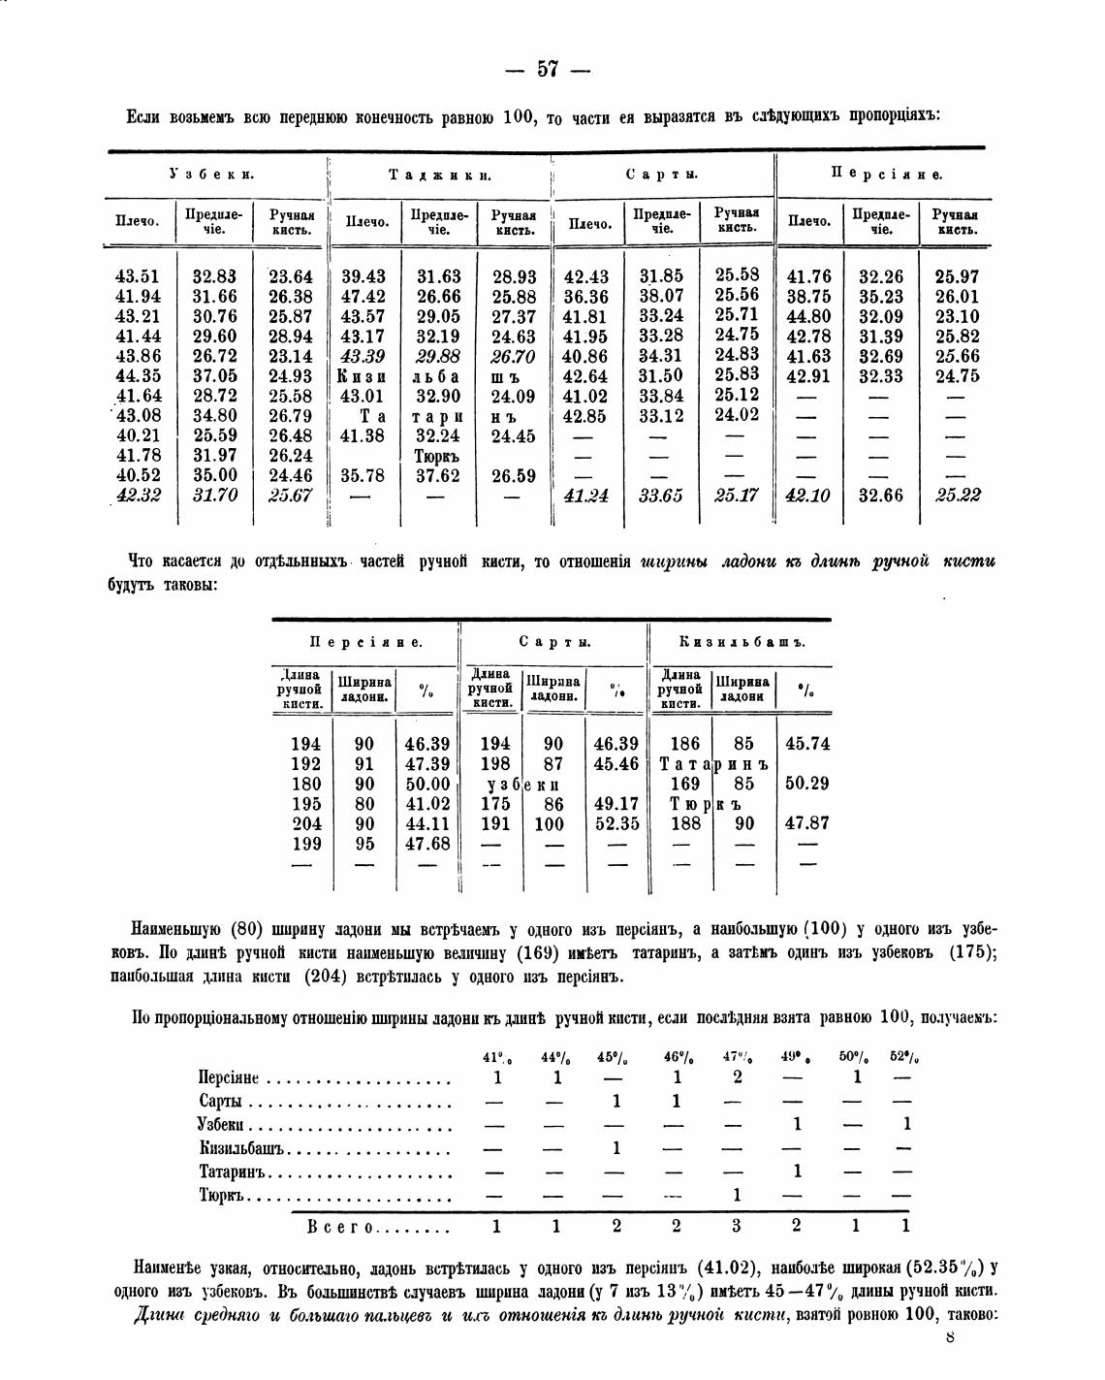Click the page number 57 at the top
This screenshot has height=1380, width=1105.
(x=548, y=70)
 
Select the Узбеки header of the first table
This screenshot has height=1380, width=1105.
(x=211, y=175)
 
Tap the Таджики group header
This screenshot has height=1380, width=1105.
(x=440, y=176)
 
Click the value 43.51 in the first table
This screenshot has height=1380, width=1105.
(x=138, y=276)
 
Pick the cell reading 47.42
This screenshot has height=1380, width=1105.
(x=363, y=296)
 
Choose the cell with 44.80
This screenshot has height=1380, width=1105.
(x=808, y=316)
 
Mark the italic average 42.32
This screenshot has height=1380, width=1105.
(x=138, y=496)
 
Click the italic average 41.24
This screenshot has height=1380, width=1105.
(x=586, y=496)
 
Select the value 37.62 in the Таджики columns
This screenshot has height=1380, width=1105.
(x=438, y=475)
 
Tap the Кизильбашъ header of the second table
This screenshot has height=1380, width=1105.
(x=742, y=642)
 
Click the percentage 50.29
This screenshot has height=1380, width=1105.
(x=806, y=784)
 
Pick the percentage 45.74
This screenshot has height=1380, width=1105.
(x=806, y=744)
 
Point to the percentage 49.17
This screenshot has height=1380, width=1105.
(x=616, y=803)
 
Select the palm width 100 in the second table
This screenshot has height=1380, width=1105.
(x=549, y=823)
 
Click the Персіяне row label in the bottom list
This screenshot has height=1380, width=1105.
(x=229, y=1077)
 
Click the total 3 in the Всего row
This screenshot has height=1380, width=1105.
(x=736, y=1226)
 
